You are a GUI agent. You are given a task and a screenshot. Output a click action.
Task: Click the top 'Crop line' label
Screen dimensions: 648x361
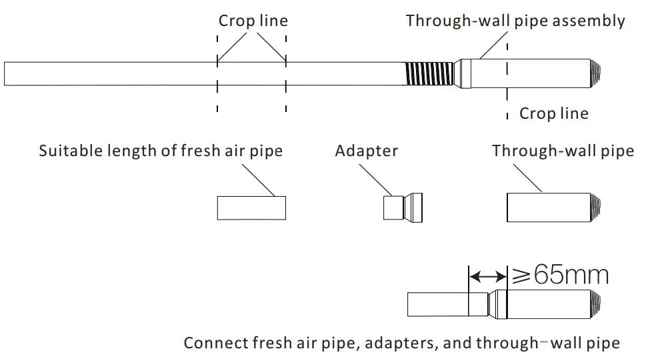253,21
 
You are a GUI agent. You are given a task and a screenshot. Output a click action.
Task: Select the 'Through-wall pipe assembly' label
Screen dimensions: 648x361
515,21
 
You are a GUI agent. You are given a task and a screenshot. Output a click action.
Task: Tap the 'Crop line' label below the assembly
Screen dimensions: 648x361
554,113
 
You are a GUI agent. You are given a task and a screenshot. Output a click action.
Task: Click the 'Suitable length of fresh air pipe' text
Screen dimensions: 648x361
161,151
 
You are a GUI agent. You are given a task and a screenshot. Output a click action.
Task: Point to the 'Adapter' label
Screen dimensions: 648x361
367,151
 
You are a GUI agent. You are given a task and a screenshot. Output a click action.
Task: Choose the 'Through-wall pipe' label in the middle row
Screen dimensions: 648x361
563,151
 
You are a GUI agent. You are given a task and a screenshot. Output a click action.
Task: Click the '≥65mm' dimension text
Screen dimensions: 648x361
561,274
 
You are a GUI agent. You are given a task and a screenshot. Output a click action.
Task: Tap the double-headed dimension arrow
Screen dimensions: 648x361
487,276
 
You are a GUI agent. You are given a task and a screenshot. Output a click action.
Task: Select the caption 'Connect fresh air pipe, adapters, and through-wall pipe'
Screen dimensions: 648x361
402,343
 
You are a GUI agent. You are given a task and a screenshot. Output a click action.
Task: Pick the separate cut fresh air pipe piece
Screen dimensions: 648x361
252,208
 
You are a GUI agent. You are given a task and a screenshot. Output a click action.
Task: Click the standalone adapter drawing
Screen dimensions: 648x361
403,208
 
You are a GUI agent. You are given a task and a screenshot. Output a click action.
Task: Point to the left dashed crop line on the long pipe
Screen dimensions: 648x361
217,73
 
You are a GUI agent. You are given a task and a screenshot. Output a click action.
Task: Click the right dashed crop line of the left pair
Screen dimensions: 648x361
286,73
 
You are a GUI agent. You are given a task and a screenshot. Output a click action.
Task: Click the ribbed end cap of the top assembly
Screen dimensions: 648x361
595,73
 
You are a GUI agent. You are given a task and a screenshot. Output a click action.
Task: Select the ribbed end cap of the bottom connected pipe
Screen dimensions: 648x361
595,304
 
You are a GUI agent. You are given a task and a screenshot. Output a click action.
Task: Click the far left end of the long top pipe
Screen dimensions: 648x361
5,74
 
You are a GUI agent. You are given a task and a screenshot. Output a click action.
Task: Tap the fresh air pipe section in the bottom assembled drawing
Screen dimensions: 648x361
438,304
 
